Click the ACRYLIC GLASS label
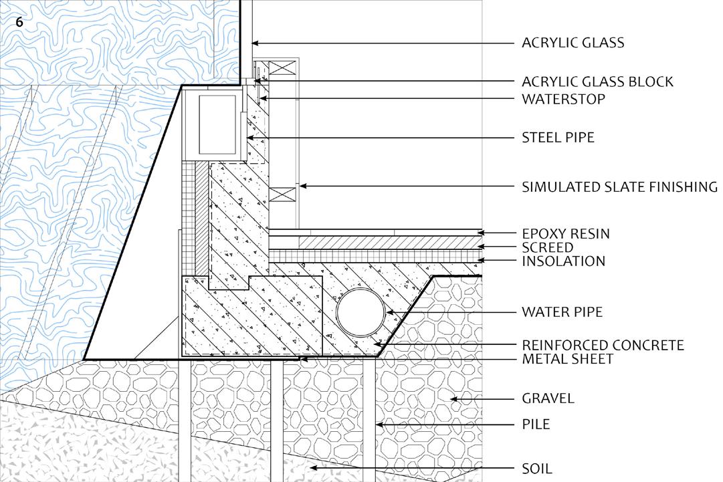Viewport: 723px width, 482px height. [573, 43]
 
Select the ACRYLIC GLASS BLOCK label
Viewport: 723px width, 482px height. [597, 82]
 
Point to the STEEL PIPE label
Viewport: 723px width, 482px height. [558, 138]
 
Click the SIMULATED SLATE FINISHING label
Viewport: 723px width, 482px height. [619, 187]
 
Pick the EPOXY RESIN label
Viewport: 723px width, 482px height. [565, 234]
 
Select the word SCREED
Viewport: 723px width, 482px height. [547, 248]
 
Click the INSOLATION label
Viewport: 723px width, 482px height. [563, 261]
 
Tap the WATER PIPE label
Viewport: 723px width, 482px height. [562, 312]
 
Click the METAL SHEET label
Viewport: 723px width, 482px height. [567, 359]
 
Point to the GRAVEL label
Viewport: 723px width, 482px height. [548, 398]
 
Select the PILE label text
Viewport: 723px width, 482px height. [536, 425]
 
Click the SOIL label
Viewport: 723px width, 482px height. [537, 469]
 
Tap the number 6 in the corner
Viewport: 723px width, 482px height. [19, 22]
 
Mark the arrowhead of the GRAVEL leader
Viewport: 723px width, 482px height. [453, 399]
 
